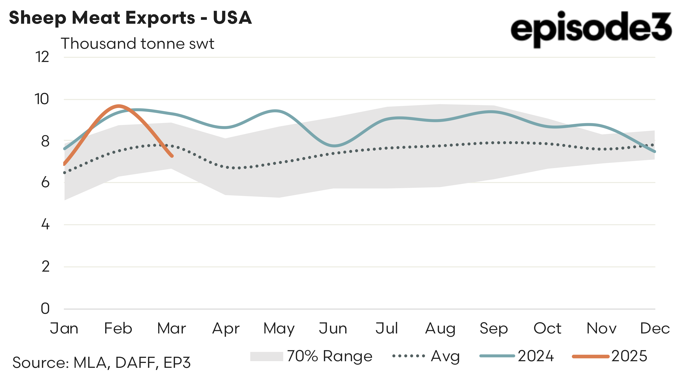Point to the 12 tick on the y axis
point(42,57)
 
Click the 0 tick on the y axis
point(45,309)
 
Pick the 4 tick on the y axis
point(45,225)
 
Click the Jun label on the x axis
point(333,329)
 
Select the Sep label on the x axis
point(494,329)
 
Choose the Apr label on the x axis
point(226,329)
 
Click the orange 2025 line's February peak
point(119,106)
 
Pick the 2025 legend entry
point(609,356)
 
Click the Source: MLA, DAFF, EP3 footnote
point(101,362)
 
